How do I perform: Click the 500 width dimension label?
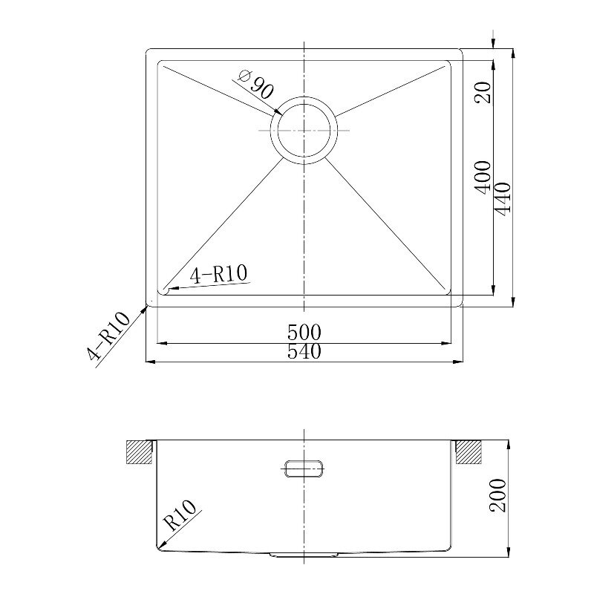(304, 333)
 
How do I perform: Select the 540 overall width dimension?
(304, 351)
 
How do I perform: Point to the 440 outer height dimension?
(503, 199)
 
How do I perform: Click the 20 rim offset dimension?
(483, 92)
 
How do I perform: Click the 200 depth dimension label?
(497, 495)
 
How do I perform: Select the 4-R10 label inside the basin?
(219, 274)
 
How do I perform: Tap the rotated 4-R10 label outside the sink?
(108, 336)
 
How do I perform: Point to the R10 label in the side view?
(180, 515)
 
